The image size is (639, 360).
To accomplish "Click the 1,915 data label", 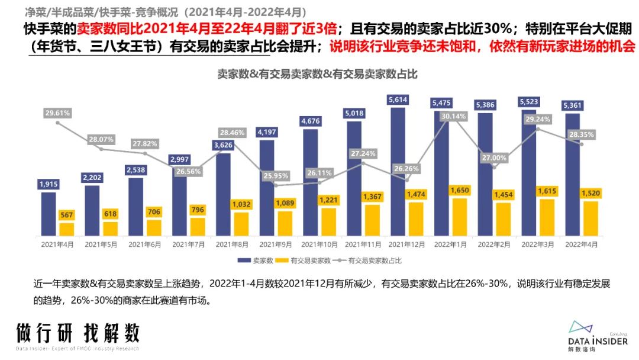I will (49, 184).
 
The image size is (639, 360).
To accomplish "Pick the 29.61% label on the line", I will (57, 112).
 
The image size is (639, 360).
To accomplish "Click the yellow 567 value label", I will (67, 215).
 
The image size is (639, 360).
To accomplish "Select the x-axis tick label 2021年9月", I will (276, 244).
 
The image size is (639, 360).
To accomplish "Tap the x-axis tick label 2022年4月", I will (582, 244).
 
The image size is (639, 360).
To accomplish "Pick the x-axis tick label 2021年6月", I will (145, 244).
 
